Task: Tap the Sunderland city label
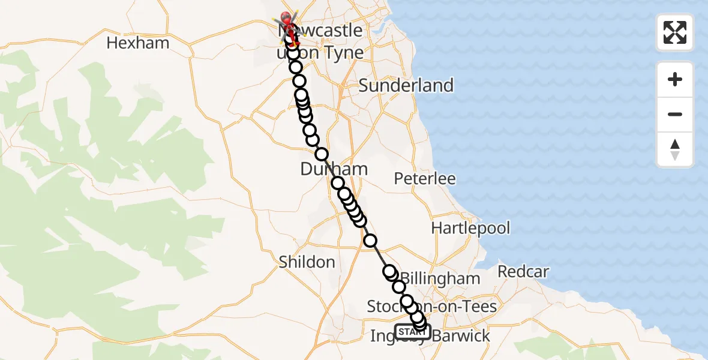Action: [x=406, y=85]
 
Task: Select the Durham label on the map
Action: [x=334, y=169]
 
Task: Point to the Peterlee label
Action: [x=425, y=179]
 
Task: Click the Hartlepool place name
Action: [x=470, y=228]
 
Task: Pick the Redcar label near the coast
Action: [x=523, y=272]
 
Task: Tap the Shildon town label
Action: [x=307, y=262]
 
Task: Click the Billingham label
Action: [x=440, y=278]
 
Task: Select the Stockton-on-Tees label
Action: [x=432, y=307]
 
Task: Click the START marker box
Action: [x=412, y=331]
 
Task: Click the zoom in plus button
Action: [x=675, y=79]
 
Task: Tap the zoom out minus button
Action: [x=675, y=114]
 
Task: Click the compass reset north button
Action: [x=675, y=149]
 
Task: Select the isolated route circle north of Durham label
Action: [x=322, y=154]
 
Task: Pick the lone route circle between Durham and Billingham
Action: [x=370, y=241]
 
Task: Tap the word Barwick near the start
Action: [x=461, y=336]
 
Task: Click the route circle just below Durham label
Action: [x=338, y=183]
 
